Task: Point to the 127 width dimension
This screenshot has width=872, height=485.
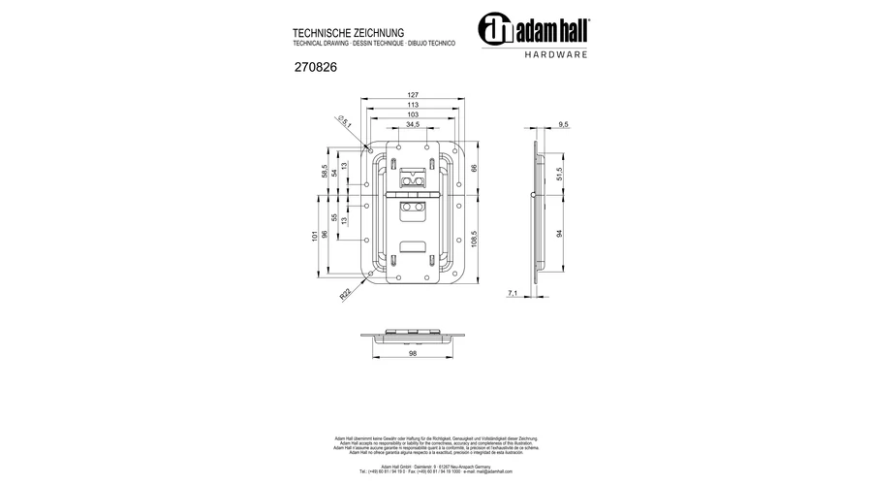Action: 413,95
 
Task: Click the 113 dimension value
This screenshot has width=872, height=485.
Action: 413,105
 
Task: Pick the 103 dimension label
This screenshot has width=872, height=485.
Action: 413,114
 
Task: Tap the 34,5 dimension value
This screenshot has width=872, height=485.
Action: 413,125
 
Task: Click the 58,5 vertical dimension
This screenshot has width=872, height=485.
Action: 325,171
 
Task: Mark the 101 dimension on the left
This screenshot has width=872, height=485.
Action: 314,237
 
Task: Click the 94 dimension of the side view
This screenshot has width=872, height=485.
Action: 560,234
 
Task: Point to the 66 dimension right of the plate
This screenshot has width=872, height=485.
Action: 475,168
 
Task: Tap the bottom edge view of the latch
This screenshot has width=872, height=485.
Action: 413,336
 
